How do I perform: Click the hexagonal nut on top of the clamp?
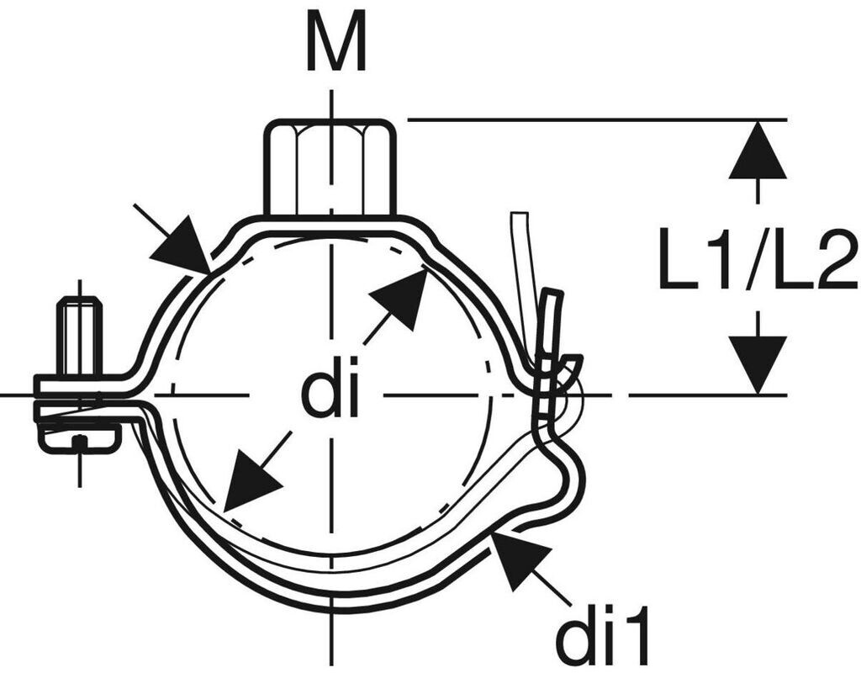(x=330, y=168)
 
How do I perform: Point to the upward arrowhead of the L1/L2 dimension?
(x=758, y=151)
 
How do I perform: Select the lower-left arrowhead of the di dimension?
(x=251, y=483)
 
